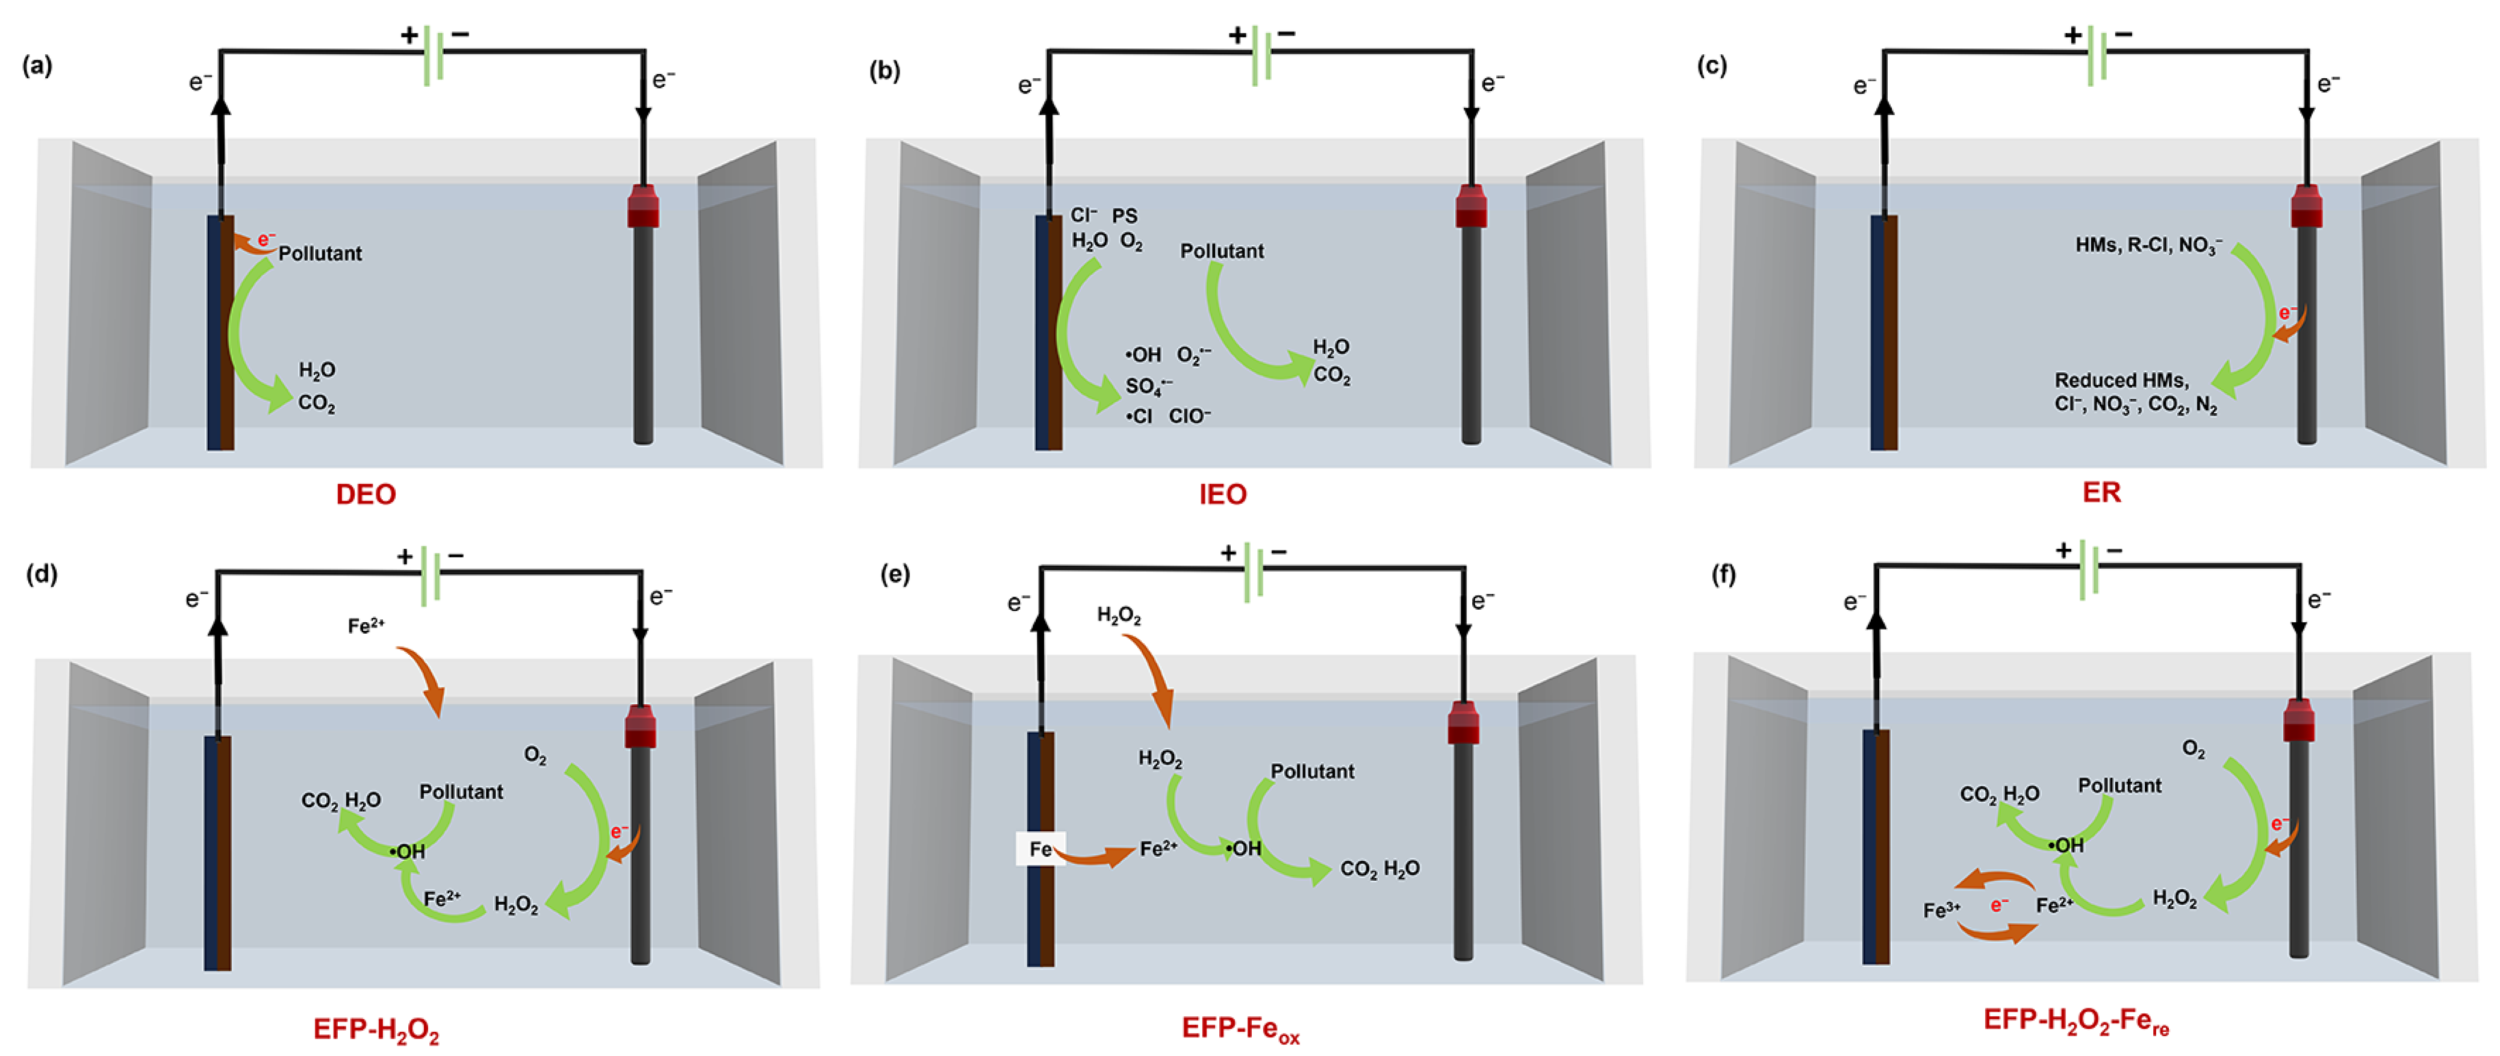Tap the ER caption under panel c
[x=2101, y=492]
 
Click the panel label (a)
[x=38, y=66]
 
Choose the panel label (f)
[x=1724, y=575]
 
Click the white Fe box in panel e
[x=1040, y=849]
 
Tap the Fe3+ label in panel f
[x=1942, y=910]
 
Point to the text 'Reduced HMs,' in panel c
[x=2121, y=381]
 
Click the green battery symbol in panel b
[x=1261, y=56]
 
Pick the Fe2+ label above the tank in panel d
[x=366, y=626]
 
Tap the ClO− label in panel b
[x=1190, y=416]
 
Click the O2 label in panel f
[x=2194, y=749]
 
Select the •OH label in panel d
[x=408, y=851]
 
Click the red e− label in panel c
[x=2287, y=313]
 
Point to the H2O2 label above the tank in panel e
[x=1119, y=616]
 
